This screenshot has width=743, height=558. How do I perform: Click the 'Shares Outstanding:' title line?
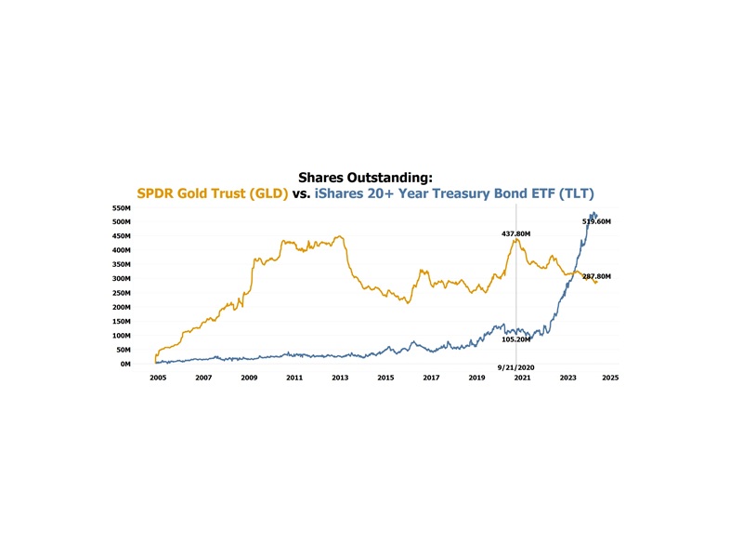[x=366, y=177]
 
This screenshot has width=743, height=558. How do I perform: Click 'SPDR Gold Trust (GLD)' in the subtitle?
[x=213, y=194]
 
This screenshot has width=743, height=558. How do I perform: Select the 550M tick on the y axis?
[x=121, y=208]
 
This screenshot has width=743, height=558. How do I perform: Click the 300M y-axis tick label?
[x=121, y=279]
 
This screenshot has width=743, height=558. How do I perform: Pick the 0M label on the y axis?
[x=124, y=365]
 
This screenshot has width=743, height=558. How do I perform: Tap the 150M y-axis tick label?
[x=121, y=322]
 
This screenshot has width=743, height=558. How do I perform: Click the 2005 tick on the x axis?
[x=158, y=379]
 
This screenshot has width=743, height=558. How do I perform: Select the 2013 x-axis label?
[x=340, y=379]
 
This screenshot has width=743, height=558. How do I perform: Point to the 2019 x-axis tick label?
[x=476, y=379]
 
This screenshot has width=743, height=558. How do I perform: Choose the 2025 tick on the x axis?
[x=610, y=379]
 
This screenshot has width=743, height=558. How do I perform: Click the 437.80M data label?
[x=515, y=233]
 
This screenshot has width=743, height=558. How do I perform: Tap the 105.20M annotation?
[x=515, y=339]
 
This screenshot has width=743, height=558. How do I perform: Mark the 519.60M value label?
[x=596, y=221]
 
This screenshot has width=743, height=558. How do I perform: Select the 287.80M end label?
[x=596, y=276]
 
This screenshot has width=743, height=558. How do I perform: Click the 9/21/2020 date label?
[x=515, y=368]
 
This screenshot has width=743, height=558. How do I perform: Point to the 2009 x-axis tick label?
[x=249, y=379]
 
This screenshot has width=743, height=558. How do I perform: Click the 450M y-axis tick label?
[x=121, y=236]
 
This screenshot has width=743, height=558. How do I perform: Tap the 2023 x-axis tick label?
[x=568, y=379]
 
